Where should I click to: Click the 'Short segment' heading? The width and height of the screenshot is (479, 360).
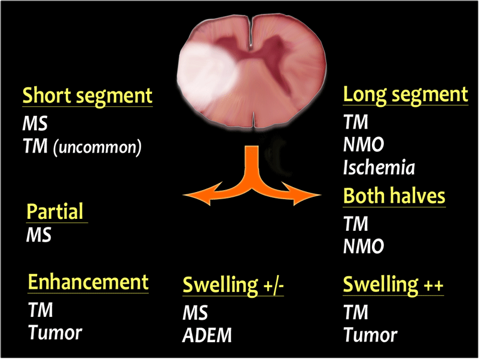[x=87, y=96]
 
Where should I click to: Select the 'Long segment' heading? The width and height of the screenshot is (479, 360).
[x=405, y=94]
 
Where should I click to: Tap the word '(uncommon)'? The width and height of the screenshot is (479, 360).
[x=97, y=147]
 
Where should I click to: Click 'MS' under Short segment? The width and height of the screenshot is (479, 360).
[x=35, y=124]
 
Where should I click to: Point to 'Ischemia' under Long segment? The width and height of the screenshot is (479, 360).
[x=379, y=167]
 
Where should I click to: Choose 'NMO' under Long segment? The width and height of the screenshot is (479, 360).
[x=364, y=144]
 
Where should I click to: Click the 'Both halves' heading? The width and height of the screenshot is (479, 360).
[x=394, y=196]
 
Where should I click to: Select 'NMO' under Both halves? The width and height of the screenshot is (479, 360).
[x=364, y=246]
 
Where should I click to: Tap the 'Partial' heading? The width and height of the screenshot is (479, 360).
[x=55, y=211]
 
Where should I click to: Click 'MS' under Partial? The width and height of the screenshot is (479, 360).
[x=38, y=235]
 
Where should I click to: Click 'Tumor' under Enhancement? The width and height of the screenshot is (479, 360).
[x=55, y=332]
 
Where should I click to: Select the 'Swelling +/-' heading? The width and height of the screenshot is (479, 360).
[x=233, y=285]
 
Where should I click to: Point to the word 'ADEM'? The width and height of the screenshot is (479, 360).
[x=207, y=335]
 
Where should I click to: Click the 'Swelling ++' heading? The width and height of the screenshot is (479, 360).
[x=393, y=285]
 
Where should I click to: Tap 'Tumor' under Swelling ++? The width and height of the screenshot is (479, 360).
[x=371, y=335]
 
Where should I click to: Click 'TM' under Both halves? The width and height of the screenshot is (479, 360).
[x=356, y=224]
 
